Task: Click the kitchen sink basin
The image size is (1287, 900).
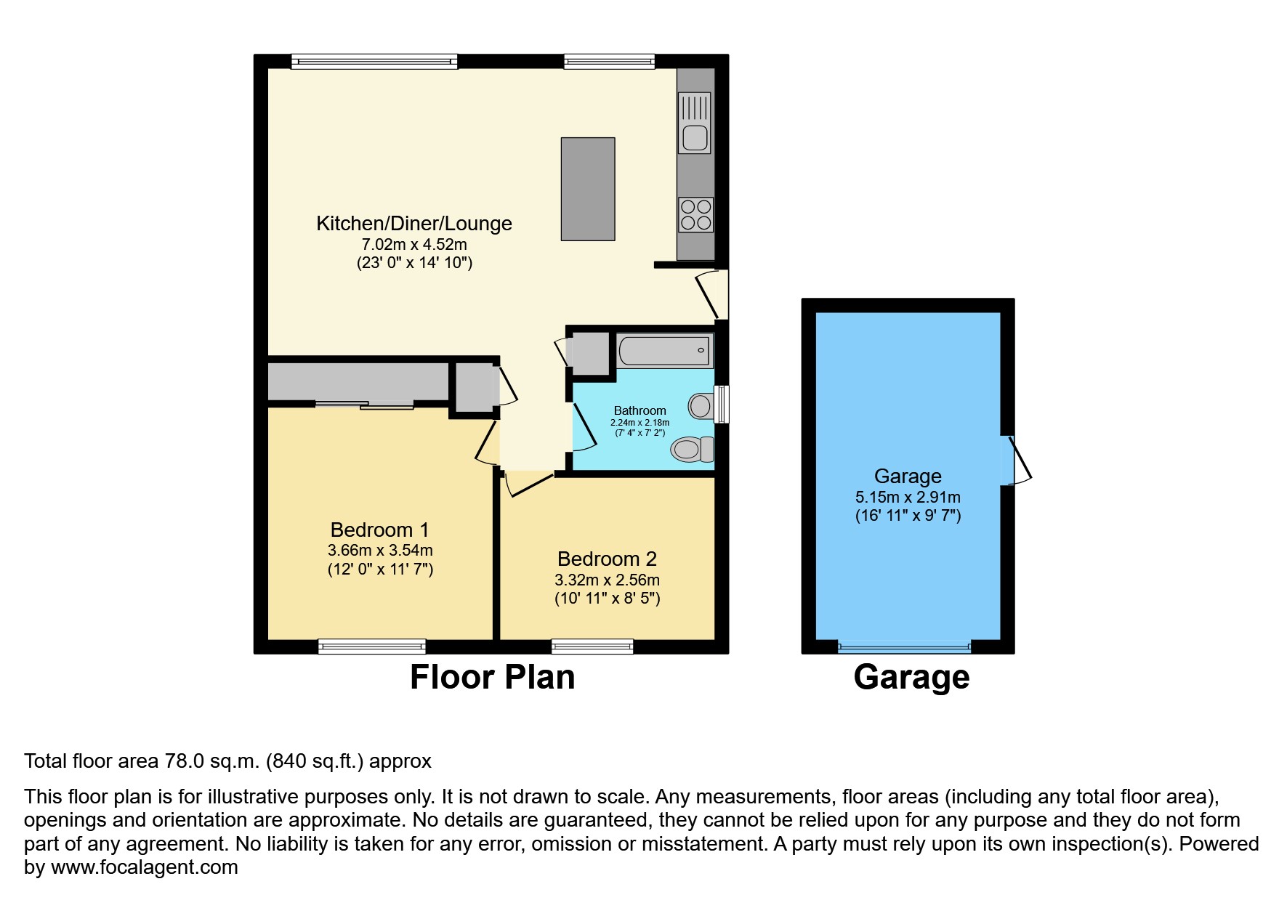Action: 695,137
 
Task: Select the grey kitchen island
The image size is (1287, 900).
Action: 588,189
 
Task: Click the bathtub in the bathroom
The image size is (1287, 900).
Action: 664,350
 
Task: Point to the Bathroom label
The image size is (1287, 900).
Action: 640,410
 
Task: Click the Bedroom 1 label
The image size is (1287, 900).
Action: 380,530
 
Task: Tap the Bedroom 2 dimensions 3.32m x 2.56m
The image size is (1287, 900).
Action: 607,580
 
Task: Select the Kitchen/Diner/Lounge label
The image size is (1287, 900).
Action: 414,223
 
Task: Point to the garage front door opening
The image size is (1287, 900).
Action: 905,646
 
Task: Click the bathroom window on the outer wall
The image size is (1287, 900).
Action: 722,404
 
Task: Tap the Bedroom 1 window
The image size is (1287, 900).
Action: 372,646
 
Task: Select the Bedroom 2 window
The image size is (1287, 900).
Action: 592,646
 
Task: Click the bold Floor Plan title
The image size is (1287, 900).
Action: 493,677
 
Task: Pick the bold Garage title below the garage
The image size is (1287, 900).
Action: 911,677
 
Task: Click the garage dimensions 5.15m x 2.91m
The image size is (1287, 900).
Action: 908,498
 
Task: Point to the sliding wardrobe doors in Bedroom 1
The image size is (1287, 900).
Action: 365,404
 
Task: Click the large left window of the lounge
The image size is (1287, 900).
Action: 374,62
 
